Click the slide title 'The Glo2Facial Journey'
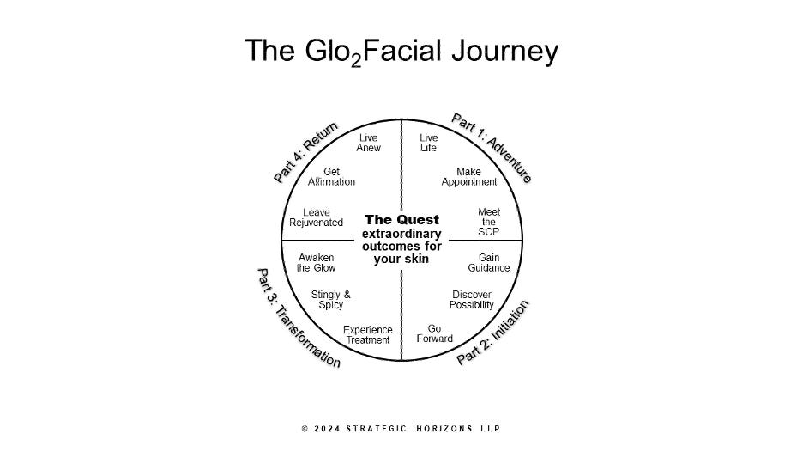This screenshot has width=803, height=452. (x=401, y=50)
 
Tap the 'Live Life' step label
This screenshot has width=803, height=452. (x=429, y=143)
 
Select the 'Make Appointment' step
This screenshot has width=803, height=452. (x=468, y=176)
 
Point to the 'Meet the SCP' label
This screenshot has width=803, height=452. (x=488, y=222)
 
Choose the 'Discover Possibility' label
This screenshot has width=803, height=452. (x=472, y=299)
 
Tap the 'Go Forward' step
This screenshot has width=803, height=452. (x=434, y=333)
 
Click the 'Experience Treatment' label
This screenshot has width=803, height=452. (x=368, y=334)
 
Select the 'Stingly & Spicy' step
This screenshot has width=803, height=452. (x=330, y=299)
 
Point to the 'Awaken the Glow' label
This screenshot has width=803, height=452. (x=316, y=262)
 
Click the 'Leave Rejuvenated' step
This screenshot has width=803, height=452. (x=316, y=217)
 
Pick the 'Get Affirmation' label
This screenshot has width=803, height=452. (x=331, y=176)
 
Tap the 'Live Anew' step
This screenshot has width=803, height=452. (x=368, y=143)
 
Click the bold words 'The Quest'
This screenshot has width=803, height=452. (x=401, y=219)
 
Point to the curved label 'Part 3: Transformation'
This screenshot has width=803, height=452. (x=298, y=318)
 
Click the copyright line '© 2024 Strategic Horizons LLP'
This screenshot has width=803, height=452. (x=401, y=428)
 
